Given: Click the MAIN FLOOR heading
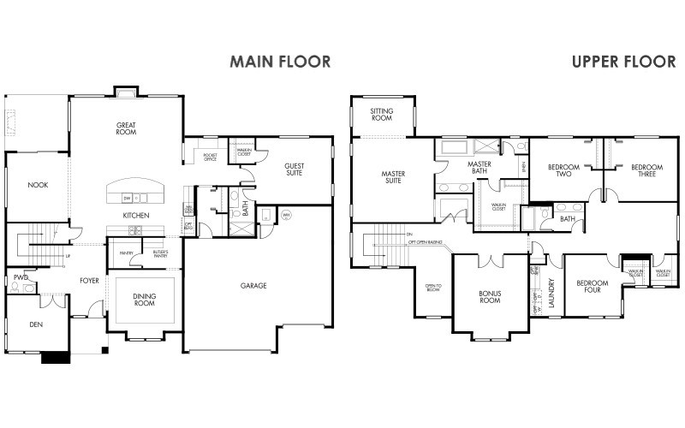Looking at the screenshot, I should [x=279, y=62].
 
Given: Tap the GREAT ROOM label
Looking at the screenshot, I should [x=127, y=129].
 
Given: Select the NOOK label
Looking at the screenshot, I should [x=37, y=184].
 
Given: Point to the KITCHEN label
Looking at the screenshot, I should [x=136, y=215].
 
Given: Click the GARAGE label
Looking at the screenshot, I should [x=253, y=285].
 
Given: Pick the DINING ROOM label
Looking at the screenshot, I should [x=144, y=300].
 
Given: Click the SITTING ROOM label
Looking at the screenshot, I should [x=381, y=116].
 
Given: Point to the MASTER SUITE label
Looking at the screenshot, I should [x=393, y=177].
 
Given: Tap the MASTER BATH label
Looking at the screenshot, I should [x=479, y=167].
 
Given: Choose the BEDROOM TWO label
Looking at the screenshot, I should [x=563, y=169].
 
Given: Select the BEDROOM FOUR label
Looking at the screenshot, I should [x=592, y=287].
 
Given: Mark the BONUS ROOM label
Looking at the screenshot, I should [x=489, y=296].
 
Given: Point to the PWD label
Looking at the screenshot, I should [x=18, y=277].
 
